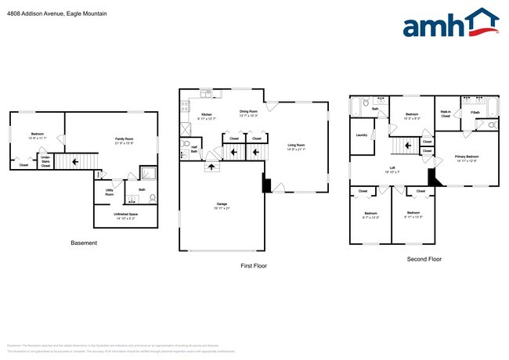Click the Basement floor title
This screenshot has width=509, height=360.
click(x=84, y=243)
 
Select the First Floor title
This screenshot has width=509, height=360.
click(x=253, y=266)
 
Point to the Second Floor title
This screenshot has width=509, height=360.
click(x=424, y=259)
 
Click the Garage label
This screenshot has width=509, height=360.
click(x=222, y=204)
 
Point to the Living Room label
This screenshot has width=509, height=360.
click(x=296, y=146)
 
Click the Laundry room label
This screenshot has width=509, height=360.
click(x=361, y=135)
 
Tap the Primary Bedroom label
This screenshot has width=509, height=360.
click(x=466, y=158)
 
